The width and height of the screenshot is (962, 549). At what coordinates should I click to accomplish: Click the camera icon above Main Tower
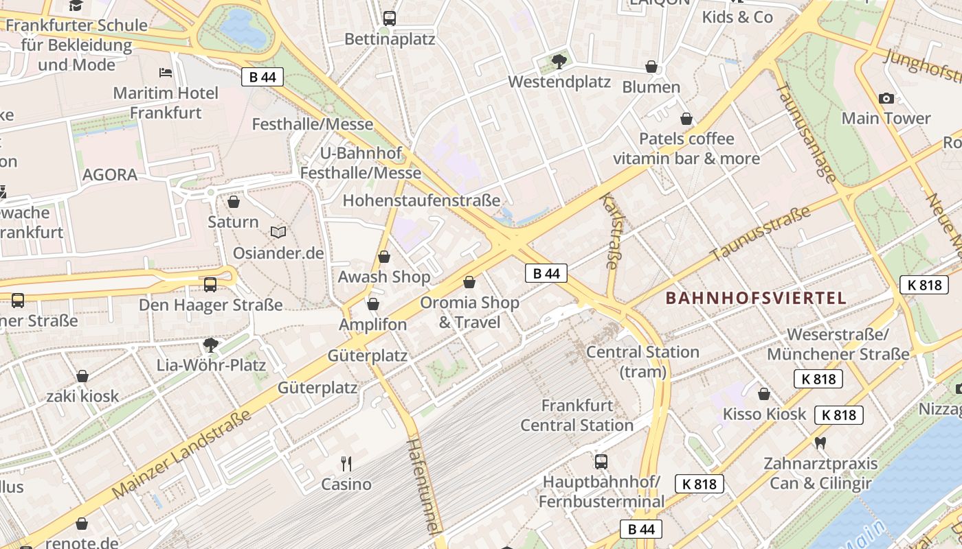pyautogui.click(x=886, y=98)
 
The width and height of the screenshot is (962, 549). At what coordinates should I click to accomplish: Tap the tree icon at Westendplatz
pyautogui.click(x=559, y=62)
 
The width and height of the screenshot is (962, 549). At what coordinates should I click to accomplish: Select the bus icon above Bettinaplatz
pyautogui.click(x=390, y=19)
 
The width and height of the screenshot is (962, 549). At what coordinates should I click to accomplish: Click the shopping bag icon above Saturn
pyautogui.click(x=234, y=202)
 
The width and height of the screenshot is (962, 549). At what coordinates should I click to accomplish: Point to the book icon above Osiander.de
pyautogui.click(x=278, y=233)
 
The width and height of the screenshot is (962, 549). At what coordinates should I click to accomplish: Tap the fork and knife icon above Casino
pyautogui.click(x=346, y=464)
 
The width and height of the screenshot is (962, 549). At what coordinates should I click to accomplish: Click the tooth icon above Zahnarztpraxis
pyautogui.click(x=820, y=443)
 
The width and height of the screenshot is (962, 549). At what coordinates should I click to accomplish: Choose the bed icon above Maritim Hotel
pyautogui.click(x=166, y=72)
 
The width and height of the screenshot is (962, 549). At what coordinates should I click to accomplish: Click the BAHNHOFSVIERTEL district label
pyautogui.click(x=756, y=298)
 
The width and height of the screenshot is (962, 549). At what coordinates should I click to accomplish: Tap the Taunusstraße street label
pyautogui.click(x=761, y=234)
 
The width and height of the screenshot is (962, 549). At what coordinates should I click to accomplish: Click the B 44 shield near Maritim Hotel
pyautogui.click(x=262, y=77)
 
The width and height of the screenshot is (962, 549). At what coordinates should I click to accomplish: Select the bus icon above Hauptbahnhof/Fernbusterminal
pyautogui.click(x=601, y=461)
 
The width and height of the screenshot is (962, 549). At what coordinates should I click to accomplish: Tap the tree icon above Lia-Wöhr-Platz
pyautogui.click(x=210, y=344)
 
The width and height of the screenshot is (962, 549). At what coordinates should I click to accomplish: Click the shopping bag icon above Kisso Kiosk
pyautogui.click(x=764, y=394)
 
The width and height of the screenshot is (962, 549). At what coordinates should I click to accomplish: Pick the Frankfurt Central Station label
pyautogui.click(x=577, y=415)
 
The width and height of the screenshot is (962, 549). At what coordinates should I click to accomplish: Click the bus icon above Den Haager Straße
pyautogui.click(x=210, y=284)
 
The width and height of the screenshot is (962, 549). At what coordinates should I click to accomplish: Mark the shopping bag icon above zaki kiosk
pyautogui.click(x=82, y=376)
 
